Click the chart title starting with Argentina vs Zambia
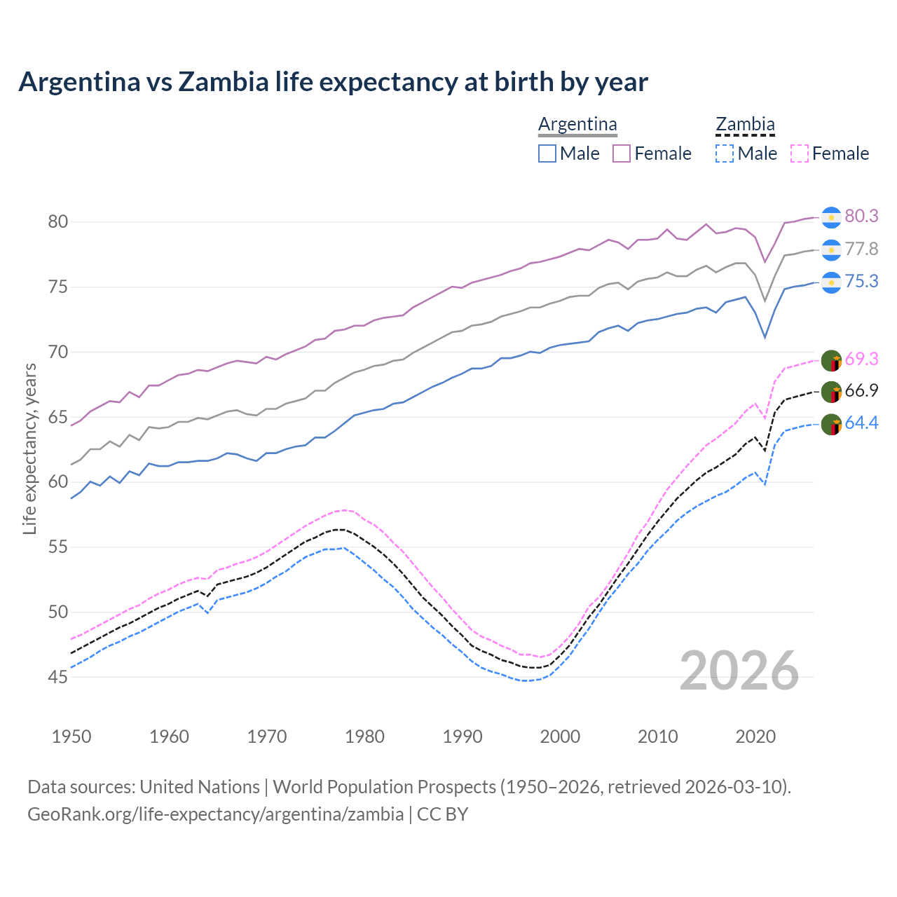tap(333, 82)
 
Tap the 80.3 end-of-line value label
tap(861, 216)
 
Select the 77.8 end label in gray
tap(861, 249)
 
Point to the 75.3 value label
tap(861, 281)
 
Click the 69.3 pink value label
tap(861, 359)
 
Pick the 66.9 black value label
tap(861, 390)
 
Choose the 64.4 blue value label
tap(861, 423)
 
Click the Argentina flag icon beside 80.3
tap(831, 217)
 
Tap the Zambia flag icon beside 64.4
tap(831, 425)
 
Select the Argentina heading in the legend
tap(577, 124)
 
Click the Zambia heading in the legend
tap(745, 124)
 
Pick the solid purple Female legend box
tap(622, 153)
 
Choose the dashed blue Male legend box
tap(725, 153)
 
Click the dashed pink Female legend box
tap(800, 153)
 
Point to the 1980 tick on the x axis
tap(365, 737)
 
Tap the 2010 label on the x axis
tap(658, 737)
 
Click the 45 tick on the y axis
tap(58, 677)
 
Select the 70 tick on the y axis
tap(58, 352)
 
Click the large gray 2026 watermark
tap(739, 671)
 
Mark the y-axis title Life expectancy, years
tap(29, 448)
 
